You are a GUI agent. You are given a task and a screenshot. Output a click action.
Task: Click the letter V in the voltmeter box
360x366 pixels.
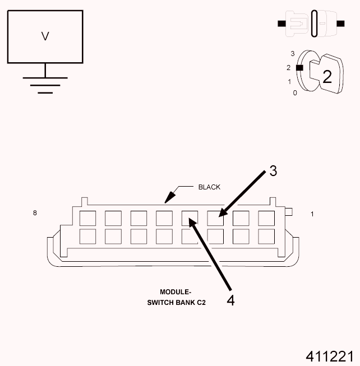pyautogui.click(x=45, y=36)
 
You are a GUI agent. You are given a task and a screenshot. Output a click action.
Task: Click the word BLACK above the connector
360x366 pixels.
pyautogui.click(x=209, y=187)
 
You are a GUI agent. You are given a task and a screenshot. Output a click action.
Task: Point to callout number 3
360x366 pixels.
pyautogui.click(x=273, y=171)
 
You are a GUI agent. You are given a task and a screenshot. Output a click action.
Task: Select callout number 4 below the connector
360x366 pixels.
pyautogui.click(x=230, y=300)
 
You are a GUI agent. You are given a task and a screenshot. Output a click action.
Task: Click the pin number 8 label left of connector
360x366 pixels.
pyautogui.click(x=35, y=213)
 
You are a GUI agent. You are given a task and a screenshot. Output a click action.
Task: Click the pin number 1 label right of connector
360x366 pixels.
pyautogui.click(x=312, y=214)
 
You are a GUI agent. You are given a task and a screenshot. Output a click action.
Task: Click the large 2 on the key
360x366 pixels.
pyautogui.click(x=327, y=76)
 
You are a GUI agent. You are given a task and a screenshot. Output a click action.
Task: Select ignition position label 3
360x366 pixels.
pyautogui.click(x=293, y=54)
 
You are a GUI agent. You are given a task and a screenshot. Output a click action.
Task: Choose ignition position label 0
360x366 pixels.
pyautogui.click(x=295, y=92)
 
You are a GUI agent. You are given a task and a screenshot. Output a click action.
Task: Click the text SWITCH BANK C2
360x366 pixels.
pyautogui.click(x=176, y=303)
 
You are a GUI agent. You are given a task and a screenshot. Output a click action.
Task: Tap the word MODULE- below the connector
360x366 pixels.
pyautogui.click(x=176, y=292)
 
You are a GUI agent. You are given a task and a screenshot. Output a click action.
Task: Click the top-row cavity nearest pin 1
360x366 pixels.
pyautogui.click(x=266, y=218)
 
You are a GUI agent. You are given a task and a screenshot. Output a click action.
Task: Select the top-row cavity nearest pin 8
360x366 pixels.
pyautogui.click(x=87, y=218)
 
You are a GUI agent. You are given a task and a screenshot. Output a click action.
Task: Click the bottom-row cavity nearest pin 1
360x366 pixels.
pyautogui.click(x=266, y=236)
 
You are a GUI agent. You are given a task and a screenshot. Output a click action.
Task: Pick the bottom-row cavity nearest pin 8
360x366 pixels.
pyautogui.click(x=87, y=236)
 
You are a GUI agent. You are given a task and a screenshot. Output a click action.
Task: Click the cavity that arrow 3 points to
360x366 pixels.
pyautogui.click(x=215, y=218)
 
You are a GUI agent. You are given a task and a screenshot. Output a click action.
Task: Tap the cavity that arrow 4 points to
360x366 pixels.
pyautogui.click(x=190, y=218)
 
